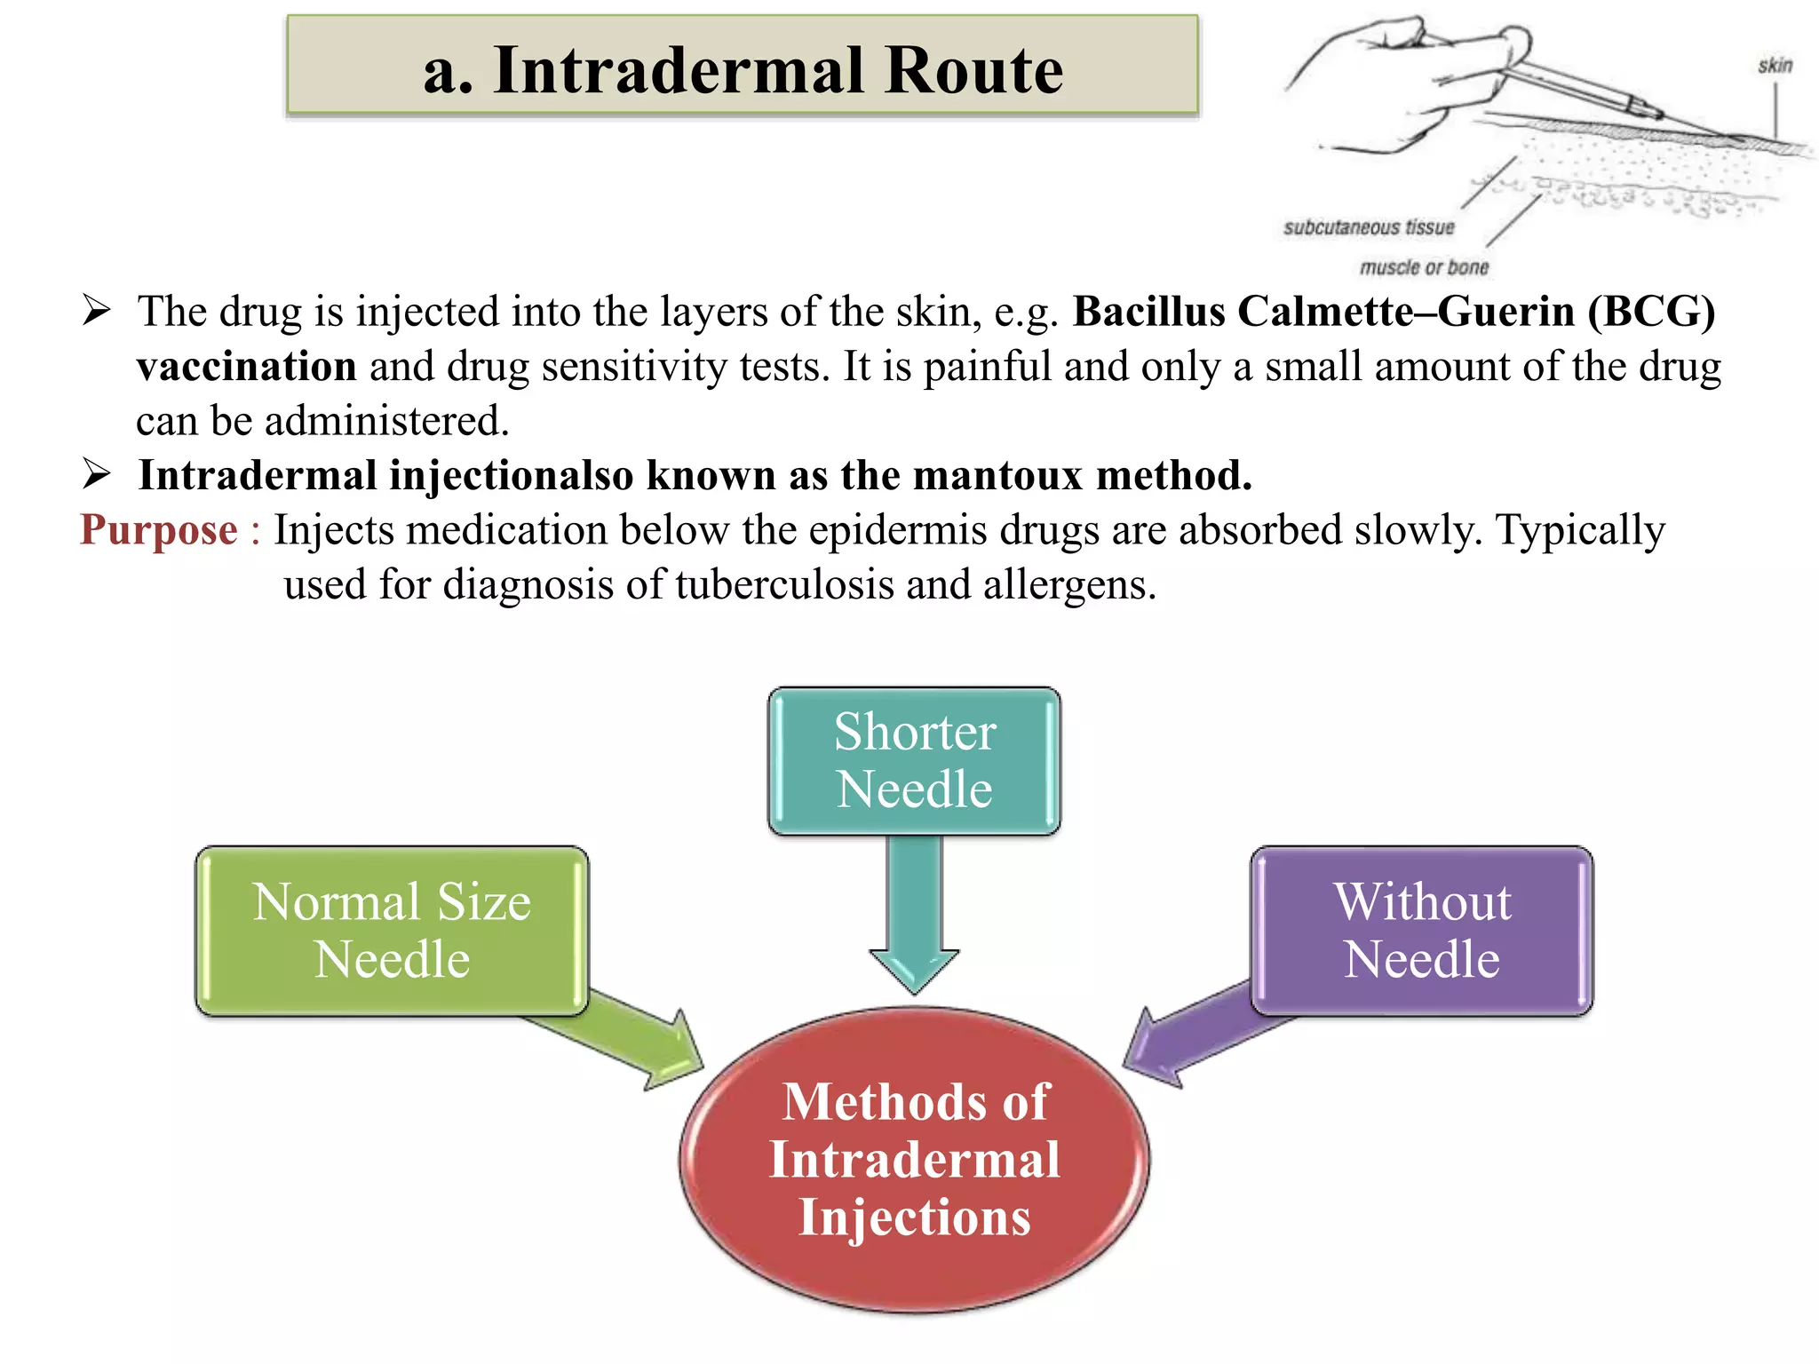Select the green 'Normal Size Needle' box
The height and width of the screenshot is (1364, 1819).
pos(392,930)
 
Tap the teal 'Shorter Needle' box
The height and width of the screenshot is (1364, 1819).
pos(914,760)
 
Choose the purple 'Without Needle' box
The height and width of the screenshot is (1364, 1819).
pos(1421,930)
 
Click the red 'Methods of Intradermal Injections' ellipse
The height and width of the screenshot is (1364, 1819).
pos(914,1159)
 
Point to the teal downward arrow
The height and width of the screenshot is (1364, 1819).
pos(914,915)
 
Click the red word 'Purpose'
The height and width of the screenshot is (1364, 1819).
pos(159,530)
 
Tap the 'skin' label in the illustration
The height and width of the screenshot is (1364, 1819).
pos(1775,66)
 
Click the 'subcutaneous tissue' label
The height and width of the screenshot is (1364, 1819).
pos(1369,228)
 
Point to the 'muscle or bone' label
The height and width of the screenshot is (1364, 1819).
pos(1424,267)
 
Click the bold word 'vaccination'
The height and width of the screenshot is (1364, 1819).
pos(247,367)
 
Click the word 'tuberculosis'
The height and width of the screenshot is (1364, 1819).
pos(784,585)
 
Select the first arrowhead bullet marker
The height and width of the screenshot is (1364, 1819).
pos(96,311)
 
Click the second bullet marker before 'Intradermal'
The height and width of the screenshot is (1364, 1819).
pos(96,474)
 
